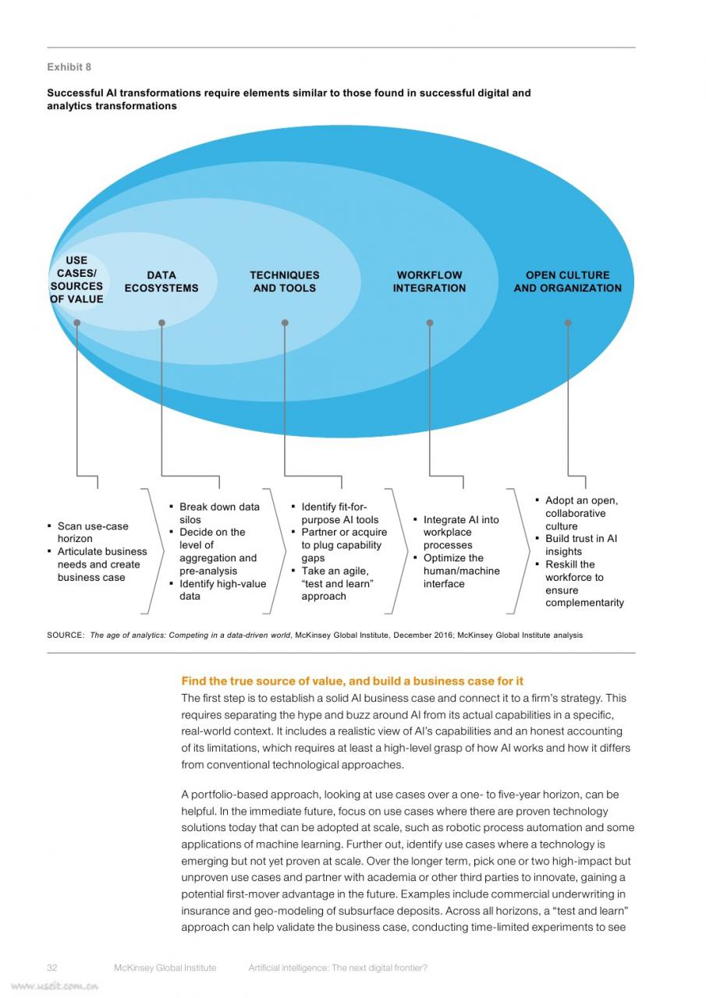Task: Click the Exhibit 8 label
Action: (x=69, y=67)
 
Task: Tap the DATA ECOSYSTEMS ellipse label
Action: (x=161, y=281)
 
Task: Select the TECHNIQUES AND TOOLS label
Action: (x=285, y=281)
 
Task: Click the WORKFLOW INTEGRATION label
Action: (x=429, y=281)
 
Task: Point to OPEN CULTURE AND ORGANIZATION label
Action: (x=567, y=281)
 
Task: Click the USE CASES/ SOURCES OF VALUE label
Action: (x=76, y=279)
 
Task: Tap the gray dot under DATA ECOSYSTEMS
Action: (x=161, y=323)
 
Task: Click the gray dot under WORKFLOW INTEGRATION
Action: (x=430, y=323)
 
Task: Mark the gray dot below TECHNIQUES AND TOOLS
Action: (x=285, y=323)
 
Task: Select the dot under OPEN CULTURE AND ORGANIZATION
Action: (x=568, y=323)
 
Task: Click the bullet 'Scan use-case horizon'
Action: (x=88, y=532)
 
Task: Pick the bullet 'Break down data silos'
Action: (x=215, y=513)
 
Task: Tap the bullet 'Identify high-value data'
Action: (x=218, y=590)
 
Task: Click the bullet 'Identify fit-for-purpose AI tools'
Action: (x=335, y=513)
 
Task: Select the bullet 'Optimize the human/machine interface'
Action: (x=457, y=571)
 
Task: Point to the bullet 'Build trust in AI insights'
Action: (x=577, y=545)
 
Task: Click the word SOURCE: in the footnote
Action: (x=66, y=635)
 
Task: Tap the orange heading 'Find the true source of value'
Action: (x=352, y=681)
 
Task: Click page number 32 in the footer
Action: (x=51, y=968)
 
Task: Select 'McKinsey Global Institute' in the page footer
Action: (x=165, y=968)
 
